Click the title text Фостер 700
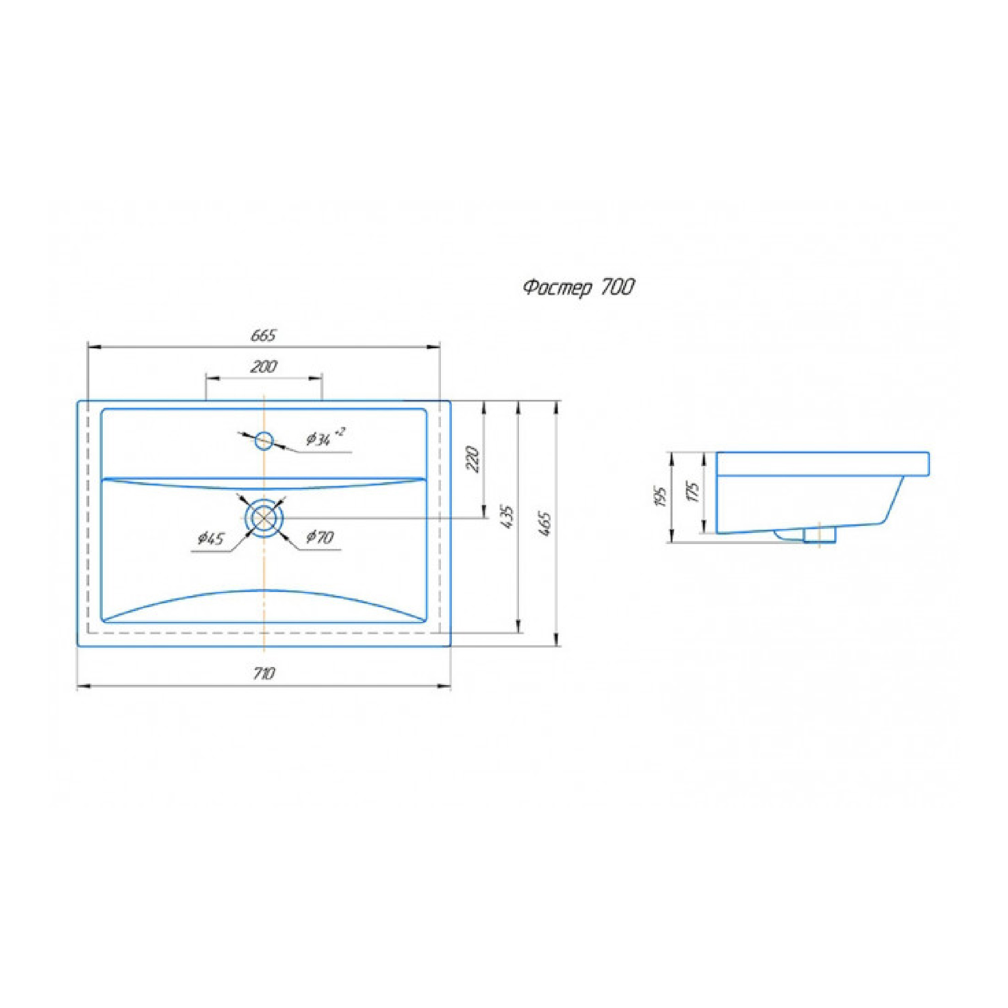tap(579, 288)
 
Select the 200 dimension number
tap(263, 367)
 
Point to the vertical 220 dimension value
tap(473, 458)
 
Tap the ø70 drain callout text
tap(320, 537)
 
